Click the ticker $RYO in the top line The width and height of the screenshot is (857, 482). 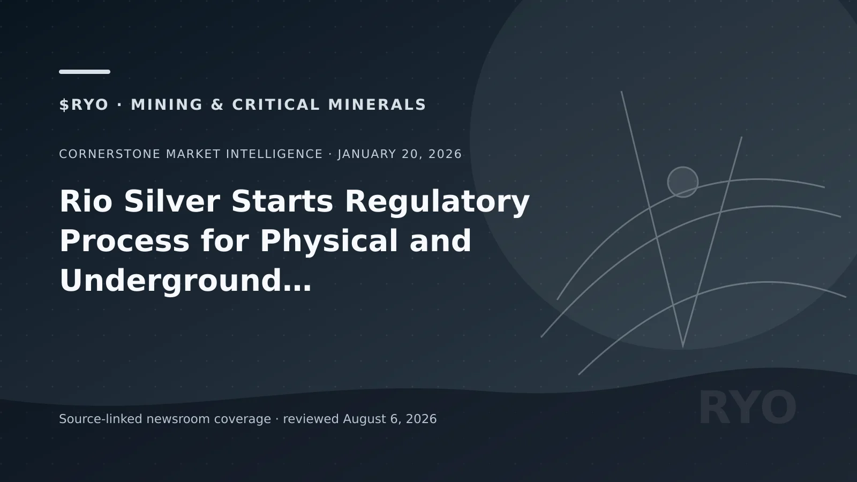(x=84, y=105)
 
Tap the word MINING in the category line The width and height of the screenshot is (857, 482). (x=167, y=105)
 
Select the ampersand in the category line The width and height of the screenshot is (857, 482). (x=217, y=105)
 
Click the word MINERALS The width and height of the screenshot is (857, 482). (x=377, y=105)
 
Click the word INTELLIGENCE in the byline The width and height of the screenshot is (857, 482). (x=274, y=154)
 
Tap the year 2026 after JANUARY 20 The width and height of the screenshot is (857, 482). (x=445, y=154)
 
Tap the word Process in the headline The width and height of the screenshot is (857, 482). (x=124, y=241)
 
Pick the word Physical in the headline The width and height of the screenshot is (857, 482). (x=329, y=242)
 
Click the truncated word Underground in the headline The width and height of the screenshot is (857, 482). (x=185, y=282)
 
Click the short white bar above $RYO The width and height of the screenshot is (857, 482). (x=85, y=72)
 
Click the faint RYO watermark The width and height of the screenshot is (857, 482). (x=748, y=408)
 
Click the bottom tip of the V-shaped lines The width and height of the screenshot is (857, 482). (x=683, y=347)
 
